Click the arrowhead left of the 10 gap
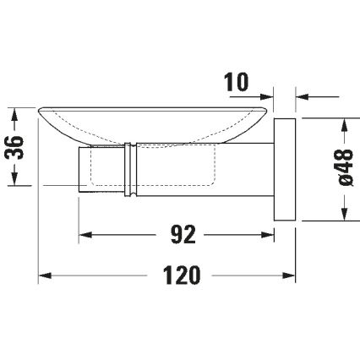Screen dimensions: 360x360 pos(269,95)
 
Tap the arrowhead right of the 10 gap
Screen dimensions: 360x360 pos(303,95)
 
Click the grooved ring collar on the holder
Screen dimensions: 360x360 pos(128,169)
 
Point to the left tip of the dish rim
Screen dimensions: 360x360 pos(41,108)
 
